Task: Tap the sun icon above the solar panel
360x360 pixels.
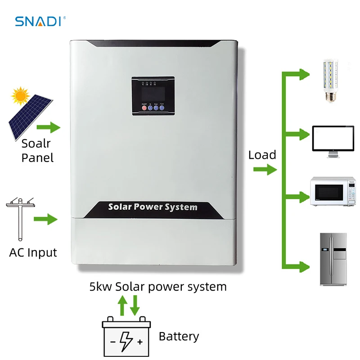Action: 20,95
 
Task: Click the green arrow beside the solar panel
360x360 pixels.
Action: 48,127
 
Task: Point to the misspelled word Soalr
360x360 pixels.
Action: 36,144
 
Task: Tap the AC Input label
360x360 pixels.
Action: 33,252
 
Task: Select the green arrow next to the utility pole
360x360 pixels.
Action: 47,220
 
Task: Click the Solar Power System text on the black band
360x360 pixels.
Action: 153,207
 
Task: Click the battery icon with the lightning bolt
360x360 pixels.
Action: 126,336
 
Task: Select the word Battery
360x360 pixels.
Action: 179,336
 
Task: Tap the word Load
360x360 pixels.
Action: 262,155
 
